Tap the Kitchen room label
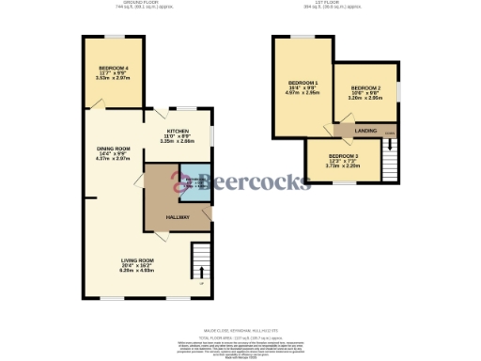179,131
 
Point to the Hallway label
178,217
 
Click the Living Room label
137,260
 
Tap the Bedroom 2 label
365,92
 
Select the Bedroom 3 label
343,156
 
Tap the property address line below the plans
240,329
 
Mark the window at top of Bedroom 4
114,38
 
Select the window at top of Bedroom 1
302,38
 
